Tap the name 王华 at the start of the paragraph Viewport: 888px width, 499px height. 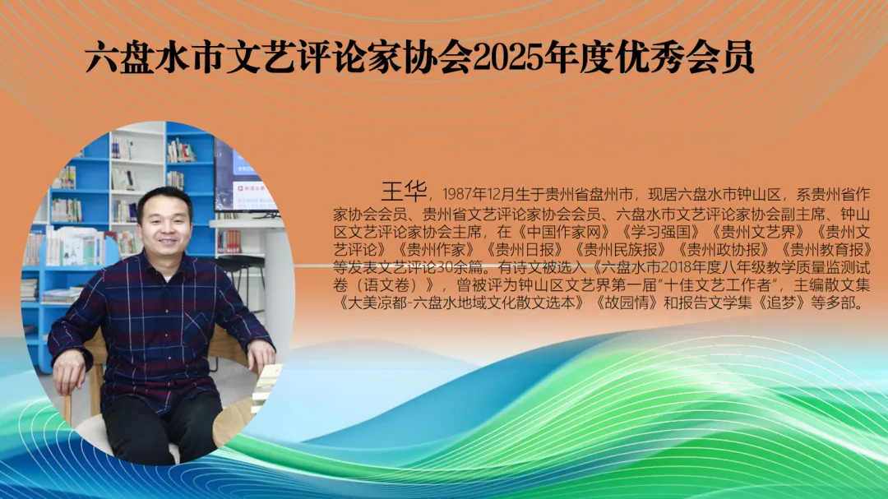(x=405, y=192)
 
